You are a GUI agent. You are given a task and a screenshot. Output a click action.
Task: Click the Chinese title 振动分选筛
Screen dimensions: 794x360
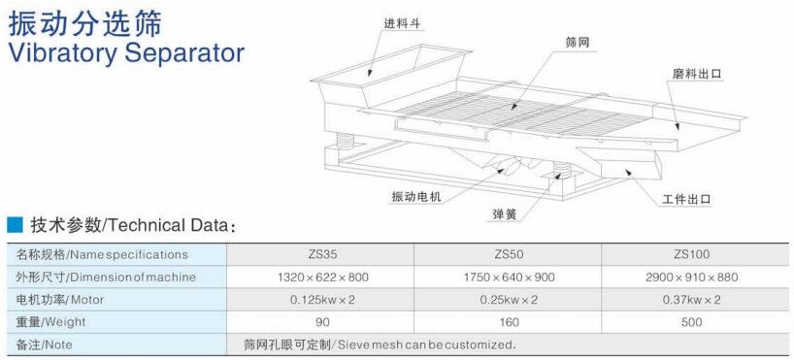tap(84, 22)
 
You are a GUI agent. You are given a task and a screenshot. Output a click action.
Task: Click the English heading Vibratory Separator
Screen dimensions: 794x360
tap(126, 52)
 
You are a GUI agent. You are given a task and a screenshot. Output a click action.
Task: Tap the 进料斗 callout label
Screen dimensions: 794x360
tap(402, 23)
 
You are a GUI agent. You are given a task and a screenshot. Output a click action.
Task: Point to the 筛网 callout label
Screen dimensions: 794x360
tap(578, 43)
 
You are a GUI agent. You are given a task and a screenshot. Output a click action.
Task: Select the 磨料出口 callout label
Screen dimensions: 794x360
tap(696, 74)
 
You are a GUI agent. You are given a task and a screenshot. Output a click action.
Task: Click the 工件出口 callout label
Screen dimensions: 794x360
tap(686, 200)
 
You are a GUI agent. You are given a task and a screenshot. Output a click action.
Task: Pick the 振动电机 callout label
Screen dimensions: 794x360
tap(416, 196)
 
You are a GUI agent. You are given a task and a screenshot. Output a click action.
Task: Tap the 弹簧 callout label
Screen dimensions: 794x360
tap(504, 214)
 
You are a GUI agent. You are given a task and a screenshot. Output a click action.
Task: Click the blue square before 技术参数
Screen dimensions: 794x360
tap(15, 225)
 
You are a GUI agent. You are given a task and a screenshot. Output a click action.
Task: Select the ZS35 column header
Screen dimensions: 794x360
tap(321, 254)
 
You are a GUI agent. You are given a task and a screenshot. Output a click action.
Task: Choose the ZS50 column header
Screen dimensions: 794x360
tap(509, 254)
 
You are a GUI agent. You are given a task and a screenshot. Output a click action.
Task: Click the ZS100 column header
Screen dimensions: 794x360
tap(692, 254)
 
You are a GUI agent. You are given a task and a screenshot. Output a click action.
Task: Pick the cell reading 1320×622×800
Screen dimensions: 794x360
tap(323, 278)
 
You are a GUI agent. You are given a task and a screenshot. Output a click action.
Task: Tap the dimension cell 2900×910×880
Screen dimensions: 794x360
tap(692, 278)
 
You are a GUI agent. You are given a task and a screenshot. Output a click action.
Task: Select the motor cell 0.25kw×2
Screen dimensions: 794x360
tap(509, 300)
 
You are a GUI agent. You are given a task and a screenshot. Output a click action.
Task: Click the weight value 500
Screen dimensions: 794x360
tap(692, 322)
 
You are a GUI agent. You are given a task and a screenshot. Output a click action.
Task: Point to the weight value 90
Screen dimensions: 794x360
tap(322, 322)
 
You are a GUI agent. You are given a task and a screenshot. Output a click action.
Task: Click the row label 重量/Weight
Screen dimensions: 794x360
tap(50, 322)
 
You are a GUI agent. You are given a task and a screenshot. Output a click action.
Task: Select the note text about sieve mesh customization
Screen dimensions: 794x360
tap(379, 344)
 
